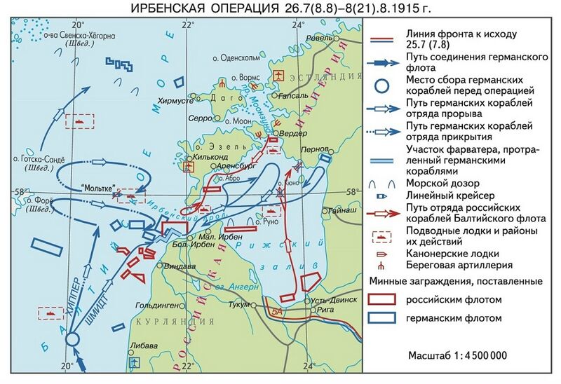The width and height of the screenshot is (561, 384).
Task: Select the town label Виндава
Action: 175,266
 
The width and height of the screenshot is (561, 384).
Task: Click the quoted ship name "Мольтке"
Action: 97,188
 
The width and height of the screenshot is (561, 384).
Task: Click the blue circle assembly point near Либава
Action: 72,340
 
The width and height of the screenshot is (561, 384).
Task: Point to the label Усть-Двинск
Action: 314,299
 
